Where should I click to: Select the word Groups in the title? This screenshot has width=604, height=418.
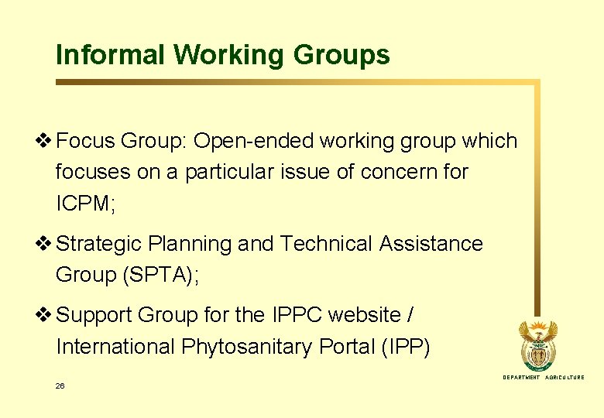click(341, 55)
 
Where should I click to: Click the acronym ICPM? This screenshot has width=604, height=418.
click(83, 204)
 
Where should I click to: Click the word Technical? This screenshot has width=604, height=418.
click(326, 244)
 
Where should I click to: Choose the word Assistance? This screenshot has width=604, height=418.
click(431, 244)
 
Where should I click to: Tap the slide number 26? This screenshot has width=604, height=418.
click(60, 385)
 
